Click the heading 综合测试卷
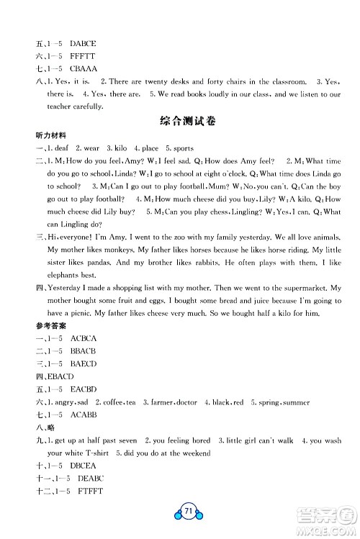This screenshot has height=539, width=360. [179, 119]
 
